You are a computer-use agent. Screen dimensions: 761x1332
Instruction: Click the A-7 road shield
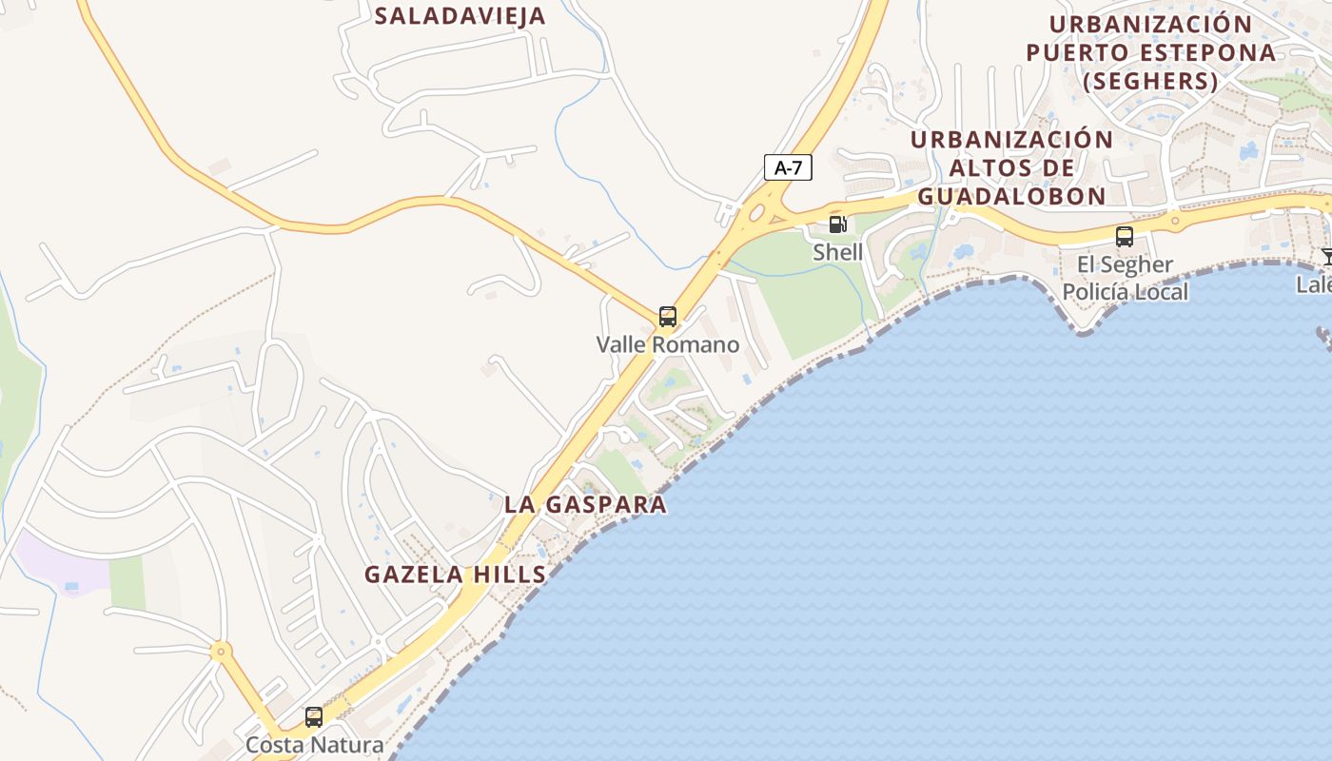pyautogui.click(x=788, y=168)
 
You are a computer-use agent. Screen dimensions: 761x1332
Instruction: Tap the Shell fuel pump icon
pyautogui.click(x=837, y=224)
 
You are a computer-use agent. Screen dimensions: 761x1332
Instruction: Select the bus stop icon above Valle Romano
pyautogui.click(x=668, y=317)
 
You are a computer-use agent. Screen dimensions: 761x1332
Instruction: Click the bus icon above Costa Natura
pyautogui.click(x=314, y=717)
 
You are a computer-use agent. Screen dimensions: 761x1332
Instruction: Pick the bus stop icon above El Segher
pyautogui.click(x=1125, y=237)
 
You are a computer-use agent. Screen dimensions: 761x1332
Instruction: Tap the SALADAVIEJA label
pyautogui.click(x=460, y=16)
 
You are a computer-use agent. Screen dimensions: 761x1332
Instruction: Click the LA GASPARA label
pyautogui.click(x=585, y=504)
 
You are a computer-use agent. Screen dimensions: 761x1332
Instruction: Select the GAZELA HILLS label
pyautogui.click(x=456, y=575)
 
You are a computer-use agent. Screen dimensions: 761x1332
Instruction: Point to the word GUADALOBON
pyautogui.click(x=1011, y=196)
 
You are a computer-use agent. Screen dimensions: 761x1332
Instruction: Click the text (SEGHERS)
pyautogui.click(x=1150, y=82)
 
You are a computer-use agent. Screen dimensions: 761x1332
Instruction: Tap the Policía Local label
pyautogui.click(x=1125, y=292)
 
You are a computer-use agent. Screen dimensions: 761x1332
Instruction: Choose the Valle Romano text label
pyautogui.click(x=668, y=344)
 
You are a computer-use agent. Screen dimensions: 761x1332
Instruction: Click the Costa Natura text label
pyautogui.click(x=314, y=745)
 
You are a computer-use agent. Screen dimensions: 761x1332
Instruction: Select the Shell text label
pyautogui.click(x=837, y=252)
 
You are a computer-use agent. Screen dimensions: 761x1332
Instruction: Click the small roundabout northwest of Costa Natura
pyautogui.click(x=221, y=652)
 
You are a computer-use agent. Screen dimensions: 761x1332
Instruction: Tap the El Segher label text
pyautogui.click(x=1125, y=264)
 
